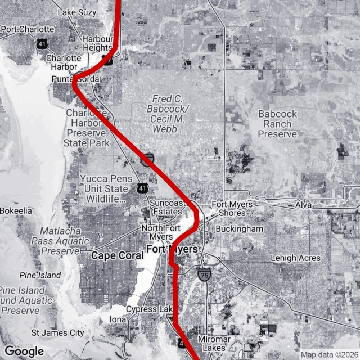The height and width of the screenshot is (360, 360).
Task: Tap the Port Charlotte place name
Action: point(28,29)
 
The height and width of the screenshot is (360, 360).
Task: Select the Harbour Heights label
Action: point(97,44)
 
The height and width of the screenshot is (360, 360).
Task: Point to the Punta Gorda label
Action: point(75,79)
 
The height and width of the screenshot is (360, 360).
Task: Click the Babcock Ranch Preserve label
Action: point(277,124)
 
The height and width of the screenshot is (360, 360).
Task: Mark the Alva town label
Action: point(304,205)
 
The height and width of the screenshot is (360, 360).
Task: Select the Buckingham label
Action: point(239,229)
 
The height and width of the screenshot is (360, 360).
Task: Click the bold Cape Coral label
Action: point(118,255)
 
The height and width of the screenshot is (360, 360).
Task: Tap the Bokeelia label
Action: point(15,210)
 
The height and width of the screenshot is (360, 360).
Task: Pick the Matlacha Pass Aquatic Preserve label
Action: point(64,241)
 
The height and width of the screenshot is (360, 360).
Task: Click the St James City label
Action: point(57,333)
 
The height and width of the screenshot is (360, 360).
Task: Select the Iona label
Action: point(118,319)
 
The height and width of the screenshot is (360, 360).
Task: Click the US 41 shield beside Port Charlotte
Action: point(42,43)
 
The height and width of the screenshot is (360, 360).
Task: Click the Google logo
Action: point(24,351)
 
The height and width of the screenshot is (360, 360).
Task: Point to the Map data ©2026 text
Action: point(328,354)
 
